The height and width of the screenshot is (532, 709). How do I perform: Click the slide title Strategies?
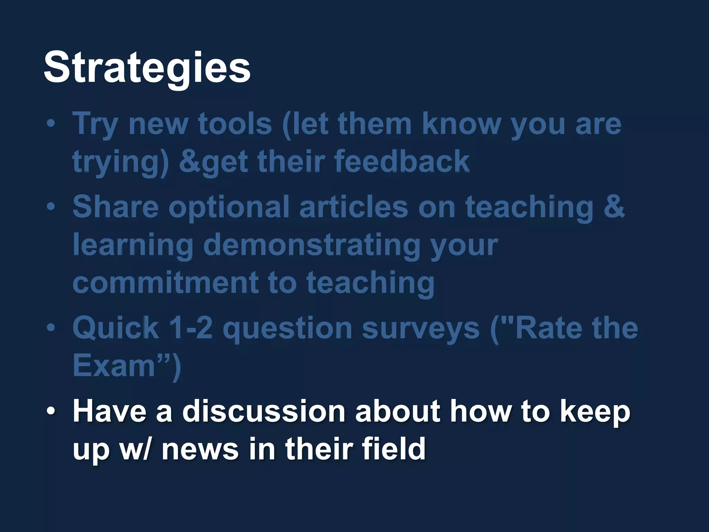point(147,68)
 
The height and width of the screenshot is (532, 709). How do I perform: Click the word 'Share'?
point(115,207)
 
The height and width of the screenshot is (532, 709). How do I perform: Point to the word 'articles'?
point(353,207)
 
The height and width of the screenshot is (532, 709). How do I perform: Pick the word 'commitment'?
point(166,282)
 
